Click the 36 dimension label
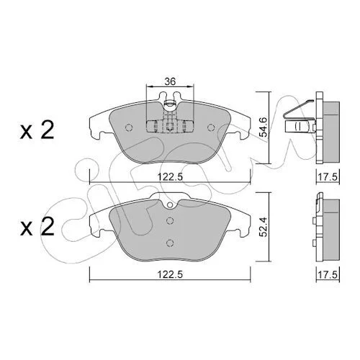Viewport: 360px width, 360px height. [x=170, y=81]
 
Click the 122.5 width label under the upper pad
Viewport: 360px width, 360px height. [x=170, y=177]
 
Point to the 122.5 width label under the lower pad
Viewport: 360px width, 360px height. [x=170, y=274]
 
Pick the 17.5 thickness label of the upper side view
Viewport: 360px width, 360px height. [x=328, y=177]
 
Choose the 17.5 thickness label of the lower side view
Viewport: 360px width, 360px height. [x=328, y=274]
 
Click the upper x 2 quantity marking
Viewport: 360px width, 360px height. [x=37, y=131]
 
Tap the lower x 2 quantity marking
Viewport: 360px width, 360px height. [x=37, y=227]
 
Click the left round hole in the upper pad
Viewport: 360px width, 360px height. [x=129, y=127]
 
